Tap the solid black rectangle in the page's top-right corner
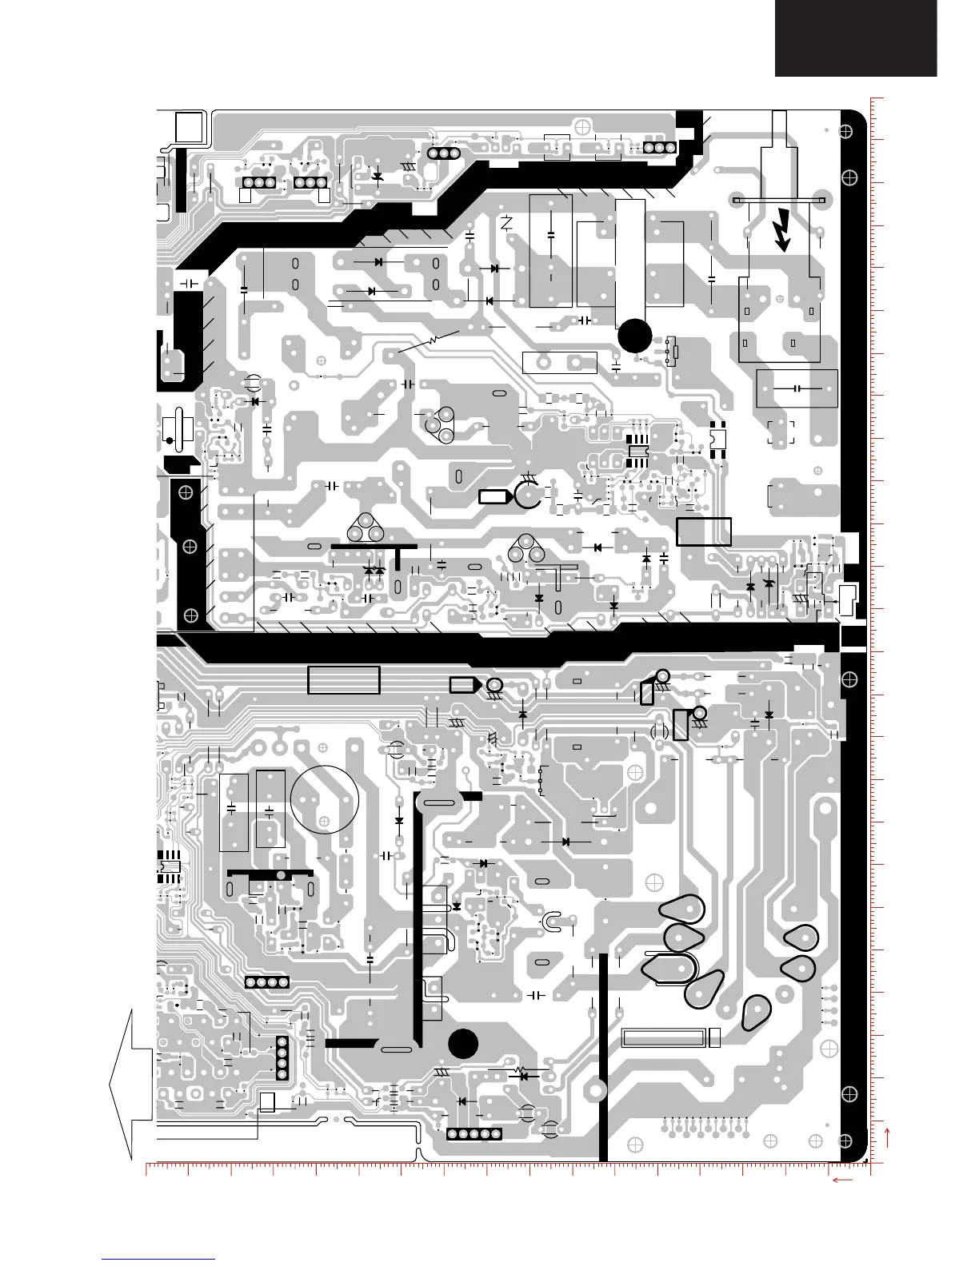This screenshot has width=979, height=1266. [855, 38]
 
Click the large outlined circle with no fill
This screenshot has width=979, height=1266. [325, 799]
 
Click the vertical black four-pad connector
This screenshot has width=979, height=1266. [282, 1057]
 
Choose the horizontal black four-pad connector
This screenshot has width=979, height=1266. [266, 982]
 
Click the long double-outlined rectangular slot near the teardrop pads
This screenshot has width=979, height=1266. [664, 1038]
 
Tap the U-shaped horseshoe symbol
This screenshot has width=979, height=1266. [553, 922]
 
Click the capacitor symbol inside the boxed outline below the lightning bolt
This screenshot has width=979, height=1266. [797, 388]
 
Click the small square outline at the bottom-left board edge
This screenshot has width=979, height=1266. [267, 1102]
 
